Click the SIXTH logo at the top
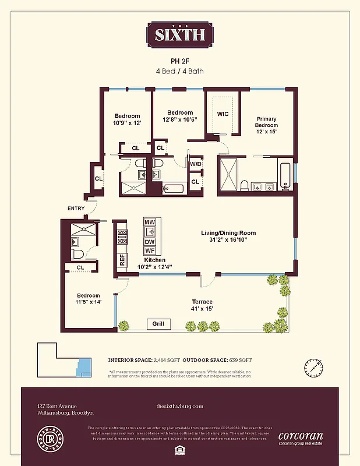tap(179, 34)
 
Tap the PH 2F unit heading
tap(179, 60)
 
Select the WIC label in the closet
tap(223, 114)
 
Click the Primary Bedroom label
tap(266, 125)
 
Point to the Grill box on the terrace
tap(158, 324)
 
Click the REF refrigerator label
tap(122, 260)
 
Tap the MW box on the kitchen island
tap(150, 223)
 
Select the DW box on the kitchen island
tap(150, 241)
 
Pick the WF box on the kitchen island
tap(150, 250)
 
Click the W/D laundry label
tap(196, 164)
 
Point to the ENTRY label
tap(76, 209)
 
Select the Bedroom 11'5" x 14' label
tap(88, 299)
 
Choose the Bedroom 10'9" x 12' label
tap(127, 119)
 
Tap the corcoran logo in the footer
tap(301, 437)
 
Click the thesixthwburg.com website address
tap(179, 406)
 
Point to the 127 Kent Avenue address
tap(57, 406)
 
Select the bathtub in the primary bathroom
tap(285, 177)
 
